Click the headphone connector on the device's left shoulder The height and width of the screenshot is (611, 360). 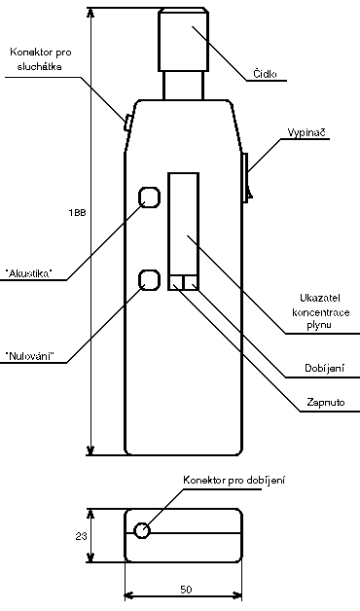128,122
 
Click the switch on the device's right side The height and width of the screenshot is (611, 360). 246,175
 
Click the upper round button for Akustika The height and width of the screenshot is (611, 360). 149,198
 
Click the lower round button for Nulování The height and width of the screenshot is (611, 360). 149,279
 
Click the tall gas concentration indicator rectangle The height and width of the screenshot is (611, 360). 183,224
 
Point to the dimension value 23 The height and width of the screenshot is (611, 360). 82,536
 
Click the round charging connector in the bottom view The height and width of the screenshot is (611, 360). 143,531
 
